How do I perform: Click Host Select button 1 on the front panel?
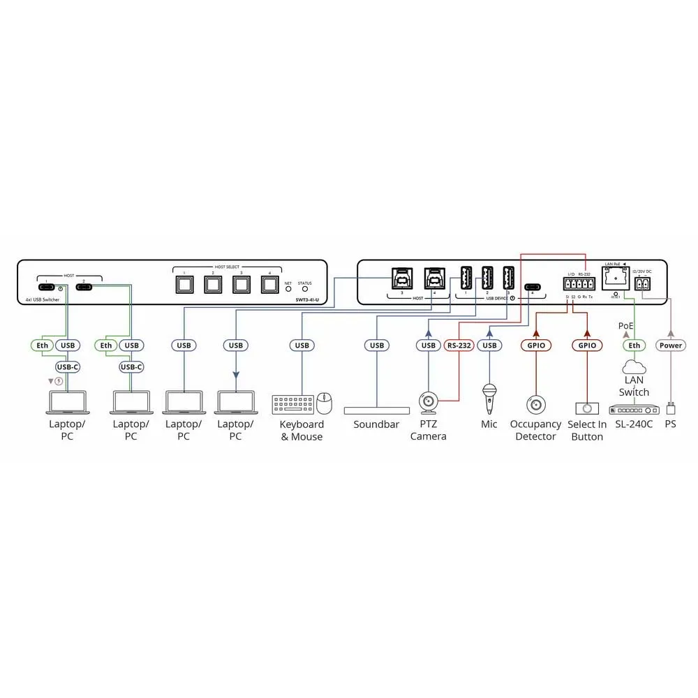tap(185, 285)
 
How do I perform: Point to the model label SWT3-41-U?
tap(306, 299)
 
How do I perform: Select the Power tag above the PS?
tap(671, 345)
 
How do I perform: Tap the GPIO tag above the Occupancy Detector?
tap(535, 345)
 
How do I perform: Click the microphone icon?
tap(489, 397)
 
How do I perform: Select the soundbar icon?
tap(377, 410)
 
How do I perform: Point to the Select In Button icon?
tap(587, 408)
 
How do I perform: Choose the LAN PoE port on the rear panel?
tap(615, 281)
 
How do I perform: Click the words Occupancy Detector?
tap(535, 430)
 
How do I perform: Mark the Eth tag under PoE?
tap(634, 345)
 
